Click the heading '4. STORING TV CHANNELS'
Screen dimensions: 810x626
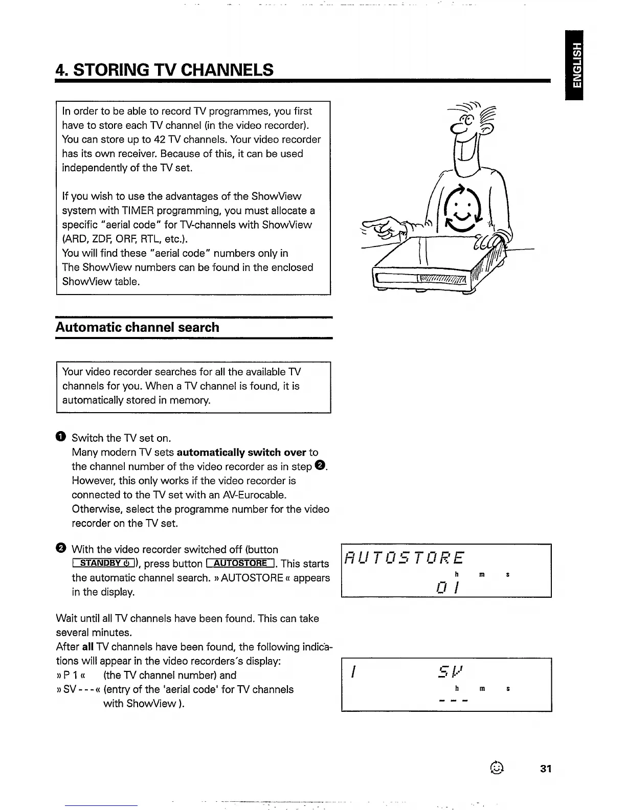(x=165, y=70)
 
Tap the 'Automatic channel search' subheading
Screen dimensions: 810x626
(x=137, y=327)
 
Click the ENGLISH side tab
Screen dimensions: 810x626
(x=576, y=65)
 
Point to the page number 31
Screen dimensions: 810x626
(x=546, y=769)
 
